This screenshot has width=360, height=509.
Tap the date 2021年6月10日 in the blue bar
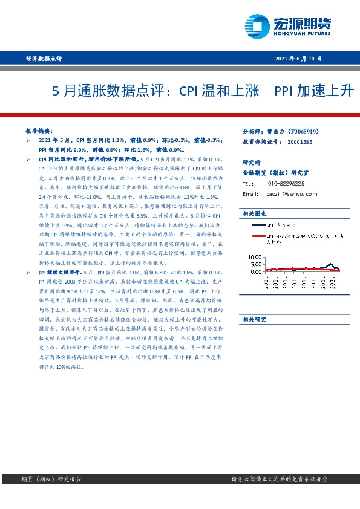298,59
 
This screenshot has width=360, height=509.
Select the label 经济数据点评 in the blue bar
45,59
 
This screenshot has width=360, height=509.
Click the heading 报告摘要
39,131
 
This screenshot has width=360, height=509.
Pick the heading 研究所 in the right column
251,163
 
